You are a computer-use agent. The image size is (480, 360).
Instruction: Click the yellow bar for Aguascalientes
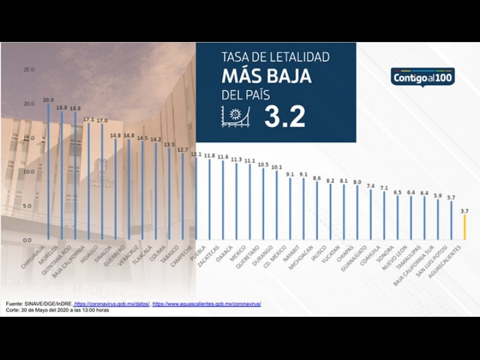tap(464, 227)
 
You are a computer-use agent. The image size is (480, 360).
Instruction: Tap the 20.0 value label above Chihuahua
tap(48, 100)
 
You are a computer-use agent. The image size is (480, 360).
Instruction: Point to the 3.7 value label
tap(464, 211)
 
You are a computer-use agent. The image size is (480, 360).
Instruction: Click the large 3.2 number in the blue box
tap(284, 116)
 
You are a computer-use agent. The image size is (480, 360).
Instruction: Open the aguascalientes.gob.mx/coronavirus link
tap(207, 304)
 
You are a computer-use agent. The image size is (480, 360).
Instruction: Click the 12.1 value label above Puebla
tap(196, 154)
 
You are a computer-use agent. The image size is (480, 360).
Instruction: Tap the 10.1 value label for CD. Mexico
tap(277, 167)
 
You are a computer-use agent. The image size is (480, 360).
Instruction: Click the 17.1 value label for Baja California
tap(89, 119)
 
